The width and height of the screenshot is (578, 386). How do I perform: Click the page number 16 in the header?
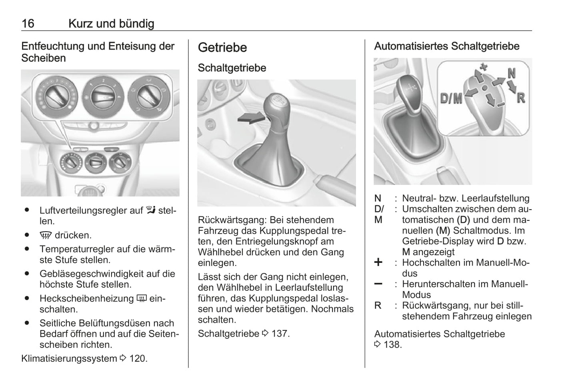pyautogui.click(x=28, y=24)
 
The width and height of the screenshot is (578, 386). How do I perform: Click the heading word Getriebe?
pyautogui.click(x=222, y=48)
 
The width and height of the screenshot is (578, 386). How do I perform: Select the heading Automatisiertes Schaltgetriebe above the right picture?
pyautogui.click(x=446, y=46)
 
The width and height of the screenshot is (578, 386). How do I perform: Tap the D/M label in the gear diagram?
pyautogui.click(x=451, y=98)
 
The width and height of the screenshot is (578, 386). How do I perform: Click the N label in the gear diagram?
pyautogui.click(x=512, y=73)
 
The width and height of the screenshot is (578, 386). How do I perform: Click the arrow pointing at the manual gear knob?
pyautogui.click(x=251, y=118)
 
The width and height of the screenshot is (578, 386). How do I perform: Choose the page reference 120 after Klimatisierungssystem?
pyautogui.click(x=138, y=358)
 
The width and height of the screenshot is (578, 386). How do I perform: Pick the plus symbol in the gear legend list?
pyautogui.click(x=378, y=262)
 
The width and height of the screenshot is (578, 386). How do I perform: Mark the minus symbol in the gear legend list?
pyautogui.click(x=378, y=284)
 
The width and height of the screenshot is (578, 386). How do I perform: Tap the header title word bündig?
pyautogui.click(x=136, y=24)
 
